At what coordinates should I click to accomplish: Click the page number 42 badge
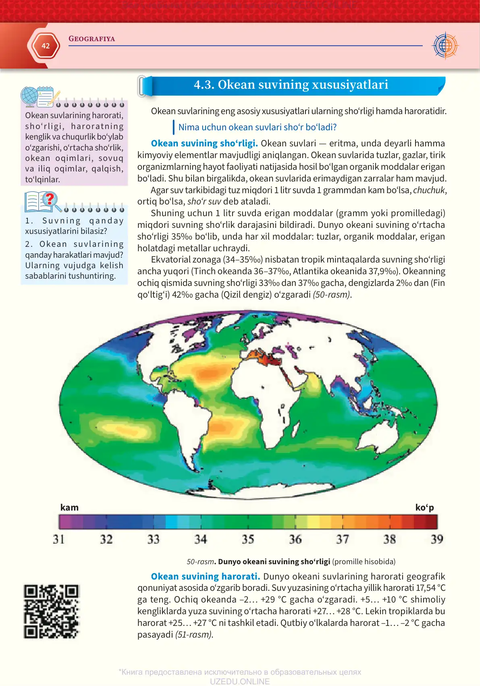pyautogui.click(x=45, y=46)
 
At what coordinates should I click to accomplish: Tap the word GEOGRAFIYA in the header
pyautogui.click(x=91, y=39)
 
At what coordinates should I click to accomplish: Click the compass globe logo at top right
pyautogui.click(x=445, y=46)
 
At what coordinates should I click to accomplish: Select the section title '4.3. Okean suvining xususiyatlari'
pyautogui.click(x=291, y=85)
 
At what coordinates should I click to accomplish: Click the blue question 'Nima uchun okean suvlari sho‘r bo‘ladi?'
pyautogui.click(x=257, y=127)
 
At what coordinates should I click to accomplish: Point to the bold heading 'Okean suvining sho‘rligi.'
pyautogui.click(x=204, y=144)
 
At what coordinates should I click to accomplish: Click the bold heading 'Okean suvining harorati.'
pyautogui.click(x=205, y=577)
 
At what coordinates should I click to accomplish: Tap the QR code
pyautogui.click(x=51, y=611)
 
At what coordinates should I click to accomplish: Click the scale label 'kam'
pyautogui.click(x=69, y=508)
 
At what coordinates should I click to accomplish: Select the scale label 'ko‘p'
pyautogui.click(x=424, y=508)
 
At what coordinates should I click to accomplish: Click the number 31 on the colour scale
pyautogui.click(x=59, y=540)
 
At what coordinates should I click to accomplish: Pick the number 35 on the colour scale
pyautogui.click(x=248, y=540)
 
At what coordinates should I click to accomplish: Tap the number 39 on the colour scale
pyautogui.click(x=437, y=540)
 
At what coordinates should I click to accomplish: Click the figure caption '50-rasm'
pyautogui.click(x=200, y=562)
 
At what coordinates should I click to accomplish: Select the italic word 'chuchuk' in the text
pyautogui.click(x=429, y=190)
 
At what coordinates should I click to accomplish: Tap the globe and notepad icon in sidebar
pyautogui.click(x=39, y=97)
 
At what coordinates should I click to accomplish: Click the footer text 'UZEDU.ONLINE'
pyautogui.click(x=239, y=681)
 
